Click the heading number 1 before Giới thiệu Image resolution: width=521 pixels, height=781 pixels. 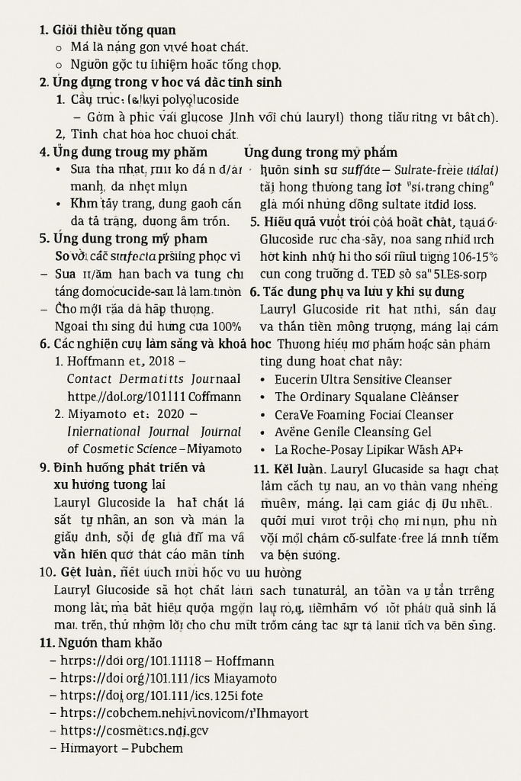pyautogui.click(x=43, y=31)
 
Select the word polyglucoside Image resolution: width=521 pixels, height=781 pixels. pyautogui.click(x=199, y=100)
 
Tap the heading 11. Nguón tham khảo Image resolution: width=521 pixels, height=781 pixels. pyautogui.click(x=101, y=643)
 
